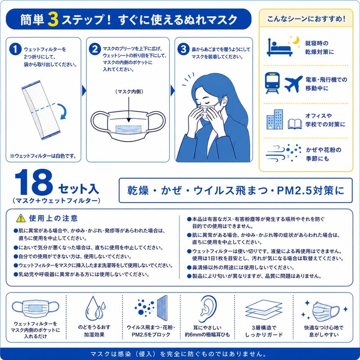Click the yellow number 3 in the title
click(53, 19)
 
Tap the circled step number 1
click(15, 49)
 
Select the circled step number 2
click(94, 49)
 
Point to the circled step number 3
click(183, 49)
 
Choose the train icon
click(272, 83)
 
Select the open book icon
click(295, 124)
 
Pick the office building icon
click(275, 119)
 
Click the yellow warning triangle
click(21, 218)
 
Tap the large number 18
click(33, 182)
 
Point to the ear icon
click(207, 309)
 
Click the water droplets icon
click(95, 309)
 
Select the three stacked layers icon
click(264, 310)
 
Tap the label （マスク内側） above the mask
click(129, 92)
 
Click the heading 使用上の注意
click(53, 218)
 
